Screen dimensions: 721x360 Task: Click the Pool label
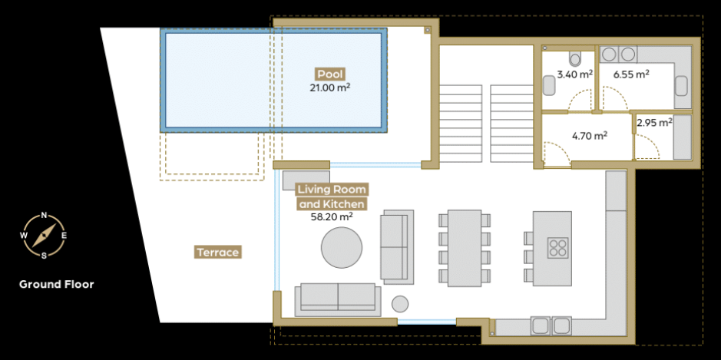(330, 74)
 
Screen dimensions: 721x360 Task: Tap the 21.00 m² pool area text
(330, 88)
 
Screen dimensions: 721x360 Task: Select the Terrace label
(218, 253)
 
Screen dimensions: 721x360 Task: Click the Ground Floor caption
(57, 284)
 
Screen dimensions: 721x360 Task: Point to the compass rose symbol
(44, 235)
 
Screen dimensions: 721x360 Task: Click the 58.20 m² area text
(332, 217)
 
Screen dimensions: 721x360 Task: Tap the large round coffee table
(342, 248)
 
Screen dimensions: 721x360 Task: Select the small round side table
(400, 304)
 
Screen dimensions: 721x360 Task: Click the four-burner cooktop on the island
(557, 248)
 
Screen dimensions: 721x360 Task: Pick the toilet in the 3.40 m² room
(575, 58)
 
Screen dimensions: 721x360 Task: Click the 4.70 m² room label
(590, 136)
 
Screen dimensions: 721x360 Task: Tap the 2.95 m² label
(655, 123)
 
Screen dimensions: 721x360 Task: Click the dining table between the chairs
(465, 248)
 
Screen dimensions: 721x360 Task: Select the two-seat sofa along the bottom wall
(338, 300)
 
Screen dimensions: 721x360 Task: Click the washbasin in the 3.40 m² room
(549, 85)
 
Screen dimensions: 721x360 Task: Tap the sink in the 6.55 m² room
(681, 86)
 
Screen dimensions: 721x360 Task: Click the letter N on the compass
(44, 215)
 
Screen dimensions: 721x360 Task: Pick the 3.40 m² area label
(575, 74)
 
